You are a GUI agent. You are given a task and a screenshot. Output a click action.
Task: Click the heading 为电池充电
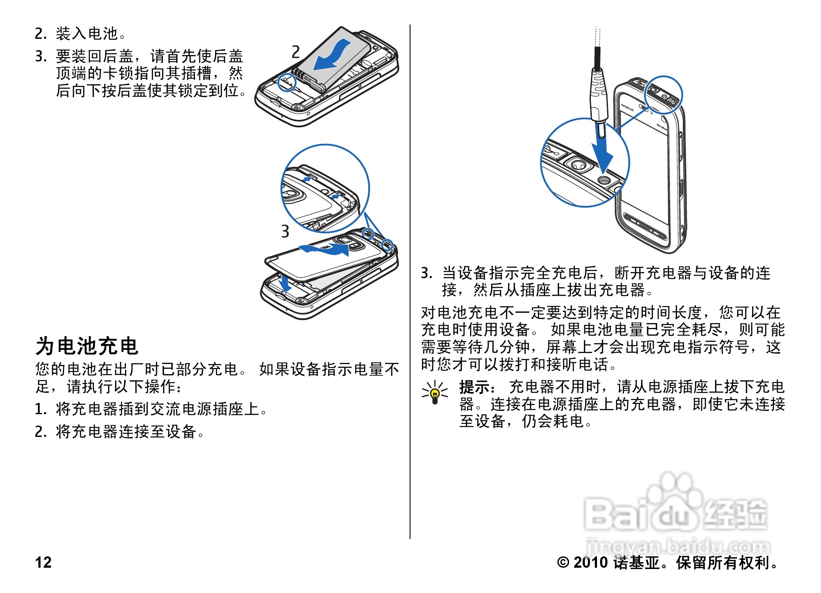tap(87, 346)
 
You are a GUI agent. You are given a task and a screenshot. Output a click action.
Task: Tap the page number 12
tap(43, 562)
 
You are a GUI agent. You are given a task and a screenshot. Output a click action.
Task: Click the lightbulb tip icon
tap(434, 392)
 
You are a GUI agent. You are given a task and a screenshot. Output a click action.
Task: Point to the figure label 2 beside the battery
tap(295, 52)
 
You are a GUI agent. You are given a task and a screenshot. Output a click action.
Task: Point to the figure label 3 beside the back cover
tap(285, 231)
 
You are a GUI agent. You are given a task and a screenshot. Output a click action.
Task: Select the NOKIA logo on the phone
tap(628, 107)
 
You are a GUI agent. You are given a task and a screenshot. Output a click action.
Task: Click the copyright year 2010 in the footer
tap(590, 562)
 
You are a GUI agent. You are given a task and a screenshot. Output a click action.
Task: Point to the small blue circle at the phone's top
tap(664, 95)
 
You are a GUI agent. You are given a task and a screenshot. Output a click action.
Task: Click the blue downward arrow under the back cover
tap(285, 283)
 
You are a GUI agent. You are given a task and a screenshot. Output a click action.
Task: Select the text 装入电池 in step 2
tap(87, 33)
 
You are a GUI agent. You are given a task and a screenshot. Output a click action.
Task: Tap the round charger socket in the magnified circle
tap(604, 180)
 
